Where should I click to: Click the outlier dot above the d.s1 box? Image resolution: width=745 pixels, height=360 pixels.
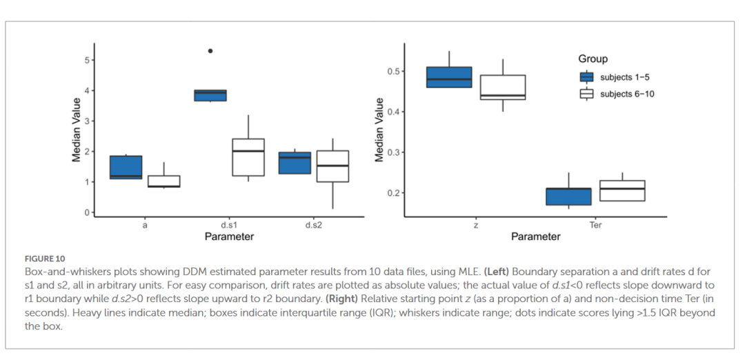click(x=210, y=50)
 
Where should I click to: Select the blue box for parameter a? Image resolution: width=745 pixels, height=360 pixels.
click(x=126, y=168)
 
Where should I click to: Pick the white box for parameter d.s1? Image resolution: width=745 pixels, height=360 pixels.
click(x=248, y=157)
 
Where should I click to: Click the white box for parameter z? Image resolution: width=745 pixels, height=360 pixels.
click(x=503, y=88)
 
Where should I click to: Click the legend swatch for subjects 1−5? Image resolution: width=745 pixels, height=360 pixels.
click(x=587, y=77)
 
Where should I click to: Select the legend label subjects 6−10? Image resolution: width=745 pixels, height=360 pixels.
click(x=627, y=94)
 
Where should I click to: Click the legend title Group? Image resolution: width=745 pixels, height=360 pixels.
click(x=593, y=59)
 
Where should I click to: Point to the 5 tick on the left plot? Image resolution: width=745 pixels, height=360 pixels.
click(x=87, y=60)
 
